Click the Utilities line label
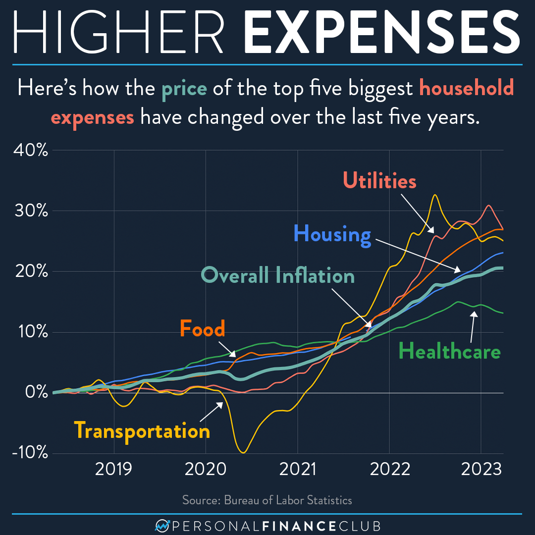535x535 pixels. (x=379, y=181)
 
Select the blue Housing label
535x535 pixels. (x=332, y=235)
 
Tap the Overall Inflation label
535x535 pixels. (x=278, y=275)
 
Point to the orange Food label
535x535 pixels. (x=202, y=328)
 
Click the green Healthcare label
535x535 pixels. (x=450, y=352)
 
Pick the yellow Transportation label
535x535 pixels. (x=142, y=430)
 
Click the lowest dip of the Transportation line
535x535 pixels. (x=243, y=452)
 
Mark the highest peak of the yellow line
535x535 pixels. (x=434, y=195)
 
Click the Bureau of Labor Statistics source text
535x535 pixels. (x=267, y=500)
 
